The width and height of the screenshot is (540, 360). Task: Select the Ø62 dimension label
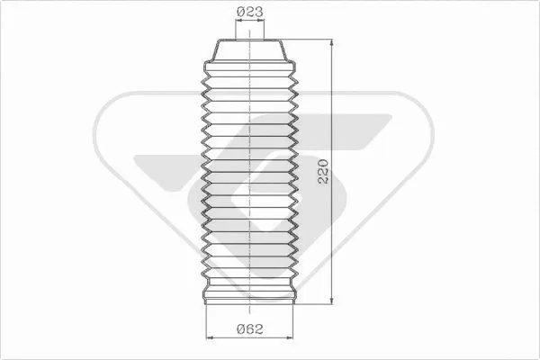[x=249, y=330]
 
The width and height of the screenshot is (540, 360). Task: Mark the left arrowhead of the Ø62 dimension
[x=210, y=338]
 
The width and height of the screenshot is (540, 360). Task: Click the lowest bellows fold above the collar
[x=249, y=271]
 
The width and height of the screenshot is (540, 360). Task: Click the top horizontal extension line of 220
[x=310, y=40]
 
